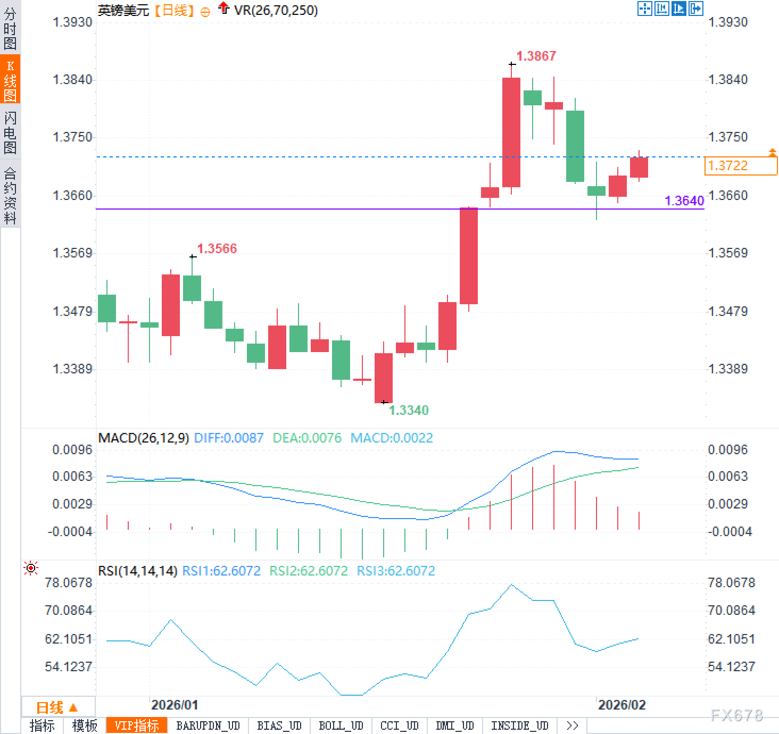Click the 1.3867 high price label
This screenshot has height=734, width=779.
[536, 56]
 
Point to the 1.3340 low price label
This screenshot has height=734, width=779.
[408, 410]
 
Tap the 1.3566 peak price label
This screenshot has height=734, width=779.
[217, 248]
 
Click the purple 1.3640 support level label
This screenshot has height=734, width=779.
[684, 201]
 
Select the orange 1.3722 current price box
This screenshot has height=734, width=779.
[740, 166]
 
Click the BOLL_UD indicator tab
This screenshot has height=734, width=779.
[341, 725]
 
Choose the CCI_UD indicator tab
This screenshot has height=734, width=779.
[399, 725]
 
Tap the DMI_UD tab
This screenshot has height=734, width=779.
[454, 725]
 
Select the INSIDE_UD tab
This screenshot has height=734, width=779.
[519, 725]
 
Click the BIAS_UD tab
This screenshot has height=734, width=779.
[279, 725]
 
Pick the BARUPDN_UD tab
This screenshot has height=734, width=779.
[208, 725]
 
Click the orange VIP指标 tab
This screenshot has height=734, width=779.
[137, 725]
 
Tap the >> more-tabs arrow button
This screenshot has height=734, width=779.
[573, 725]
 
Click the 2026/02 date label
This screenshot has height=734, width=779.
[621, 705]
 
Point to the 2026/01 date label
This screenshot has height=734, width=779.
[175, 705]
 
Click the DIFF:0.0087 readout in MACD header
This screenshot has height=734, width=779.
[229, 438]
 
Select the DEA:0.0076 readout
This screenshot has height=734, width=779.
[307, 438]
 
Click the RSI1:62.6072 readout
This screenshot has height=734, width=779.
[221, 571]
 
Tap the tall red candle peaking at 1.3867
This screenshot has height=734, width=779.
[511, 132]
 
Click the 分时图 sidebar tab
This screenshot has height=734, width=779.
[10, 28]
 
